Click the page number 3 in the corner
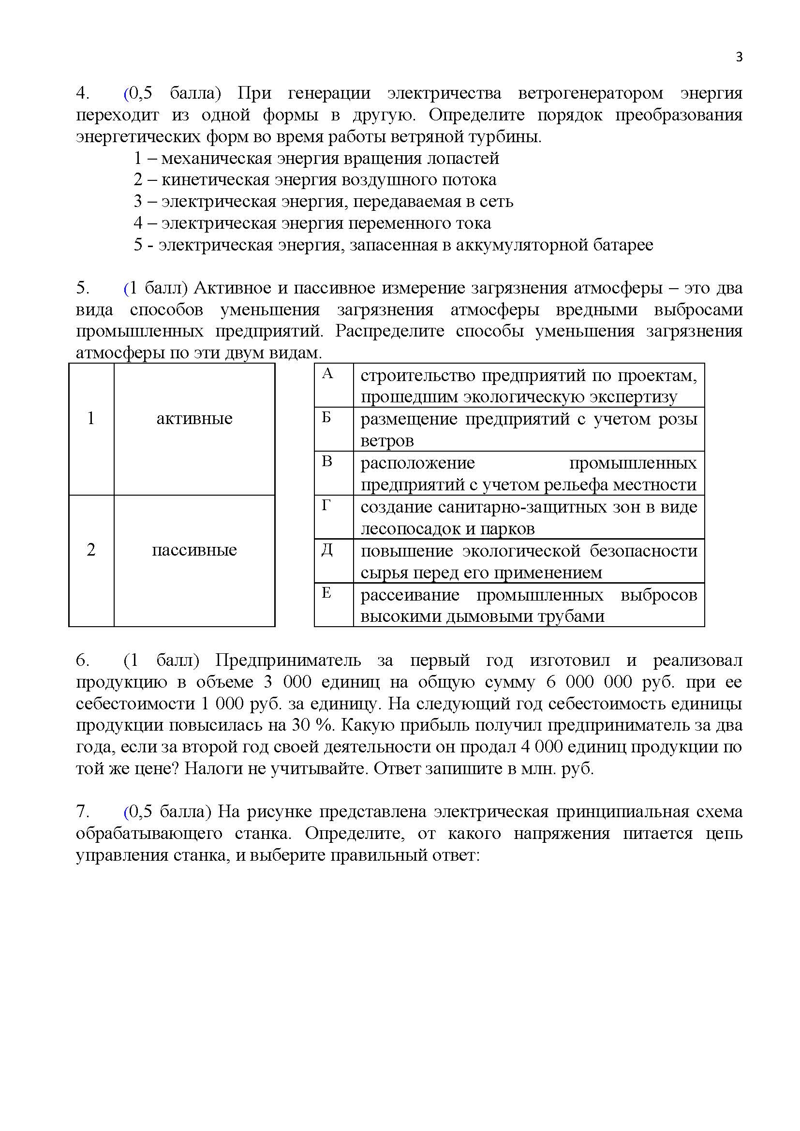[739, 57]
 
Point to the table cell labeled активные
[194, 419]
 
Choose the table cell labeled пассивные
[194, 550]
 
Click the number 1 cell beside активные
[91, 419]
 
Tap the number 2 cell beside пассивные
[91, 550]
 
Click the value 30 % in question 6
[311, 725]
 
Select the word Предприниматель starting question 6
[288, 660]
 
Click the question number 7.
[82, 811]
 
